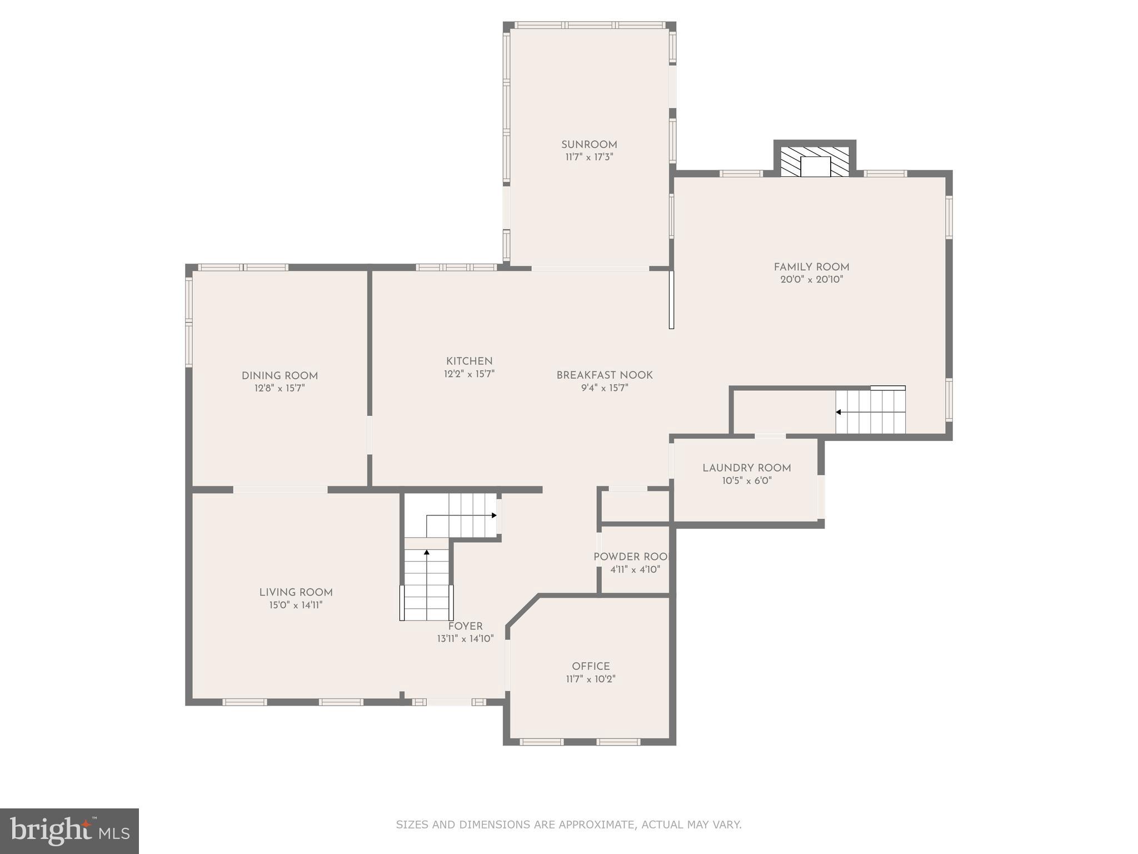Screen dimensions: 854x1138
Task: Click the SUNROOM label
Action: (x=589, y=145)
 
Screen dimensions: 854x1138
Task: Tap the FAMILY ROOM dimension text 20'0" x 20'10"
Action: (x=811, y=280)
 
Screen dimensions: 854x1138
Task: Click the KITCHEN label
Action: (x=469, y=361)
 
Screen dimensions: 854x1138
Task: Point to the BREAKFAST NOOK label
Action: (x=605, y=375)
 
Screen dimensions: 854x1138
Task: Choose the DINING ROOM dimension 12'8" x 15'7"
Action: (x=279, y=388)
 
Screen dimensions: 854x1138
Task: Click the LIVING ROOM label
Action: (x=296, y=593)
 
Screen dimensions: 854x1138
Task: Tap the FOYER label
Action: (x=465, y=627)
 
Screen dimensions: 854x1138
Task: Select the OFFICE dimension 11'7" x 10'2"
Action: (x=591, y=679)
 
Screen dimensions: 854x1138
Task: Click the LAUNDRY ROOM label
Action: (x=746, y=468)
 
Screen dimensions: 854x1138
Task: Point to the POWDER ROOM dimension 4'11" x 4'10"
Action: (x=635, y=569)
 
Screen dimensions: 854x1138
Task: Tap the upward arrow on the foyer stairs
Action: (x=427, y=553)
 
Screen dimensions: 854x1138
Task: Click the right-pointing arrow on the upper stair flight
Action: (x=493, y=515)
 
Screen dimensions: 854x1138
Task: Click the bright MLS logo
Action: (x=69, y=831)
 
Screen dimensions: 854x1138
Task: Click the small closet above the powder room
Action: (x=635, y=506)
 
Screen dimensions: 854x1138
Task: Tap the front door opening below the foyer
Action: (x=449, y=702)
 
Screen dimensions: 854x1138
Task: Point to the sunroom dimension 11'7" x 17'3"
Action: (x=589, y=157)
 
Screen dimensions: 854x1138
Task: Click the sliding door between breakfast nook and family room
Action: (x=671, y=300)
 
